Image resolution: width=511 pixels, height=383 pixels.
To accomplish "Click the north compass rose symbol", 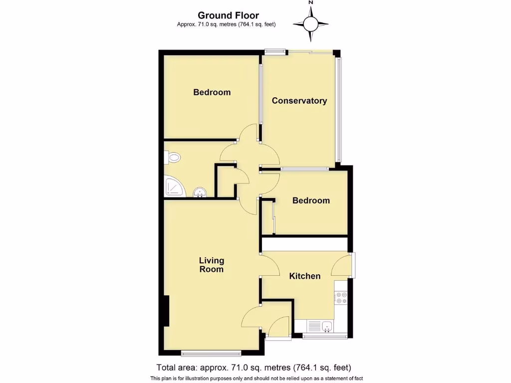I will [x=310, y=23].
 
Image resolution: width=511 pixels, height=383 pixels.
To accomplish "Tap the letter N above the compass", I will [x=310, y=3].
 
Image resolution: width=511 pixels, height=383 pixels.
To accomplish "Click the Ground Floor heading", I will [x=228, y=15].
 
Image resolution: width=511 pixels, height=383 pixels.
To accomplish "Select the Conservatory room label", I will [x=299, y=101].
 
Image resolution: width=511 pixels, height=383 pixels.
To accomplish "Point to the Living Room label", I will [x=212, y=265].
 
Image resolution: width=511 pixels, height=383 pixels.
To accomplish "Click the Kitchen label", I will [x=305, y=276].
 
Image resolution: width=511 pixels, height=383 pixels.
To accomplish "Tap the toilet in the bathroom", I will [x=172, y=158].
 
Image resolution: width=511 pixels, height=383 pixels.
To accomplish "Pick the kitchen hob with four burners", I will [x=342, y=298].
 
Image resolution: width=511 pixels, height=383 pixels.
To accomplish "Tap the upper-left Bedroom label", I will [x=212, y=92].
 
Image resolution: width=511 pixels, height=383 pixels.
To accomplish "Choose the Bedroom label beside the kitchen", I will [x=311, y=200].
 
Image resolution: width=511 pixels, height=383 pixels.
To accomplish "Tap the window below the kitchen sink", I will [x=325, y=337].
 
